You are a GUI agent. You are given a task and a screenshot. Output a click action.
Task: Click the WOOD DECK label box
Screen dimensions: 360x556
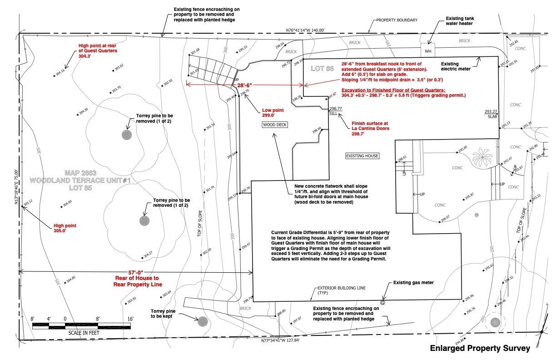pos(275,125)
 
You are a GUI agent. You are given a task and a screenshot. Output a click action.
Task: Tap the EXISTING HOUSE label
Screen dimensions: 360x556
pos(362,156)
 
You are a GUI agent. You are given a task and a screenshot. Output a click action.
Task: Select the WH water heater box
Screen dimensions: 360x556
pos(427,51)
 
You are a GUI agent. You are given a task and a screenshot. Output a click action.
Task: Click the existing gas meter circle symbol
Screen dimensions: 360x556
pos(382,302)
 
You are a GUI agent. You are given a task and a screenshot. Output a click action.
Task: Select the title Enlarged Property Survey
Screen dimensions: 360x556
pos(480,349)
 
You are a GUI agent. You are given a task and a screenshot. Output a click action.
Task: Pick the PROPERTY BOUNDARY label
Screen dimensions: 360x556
pos(397,20)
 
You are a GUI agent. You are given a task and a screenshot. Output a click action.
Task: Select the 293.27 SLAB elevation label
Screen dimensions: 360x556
pos(491,114)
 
